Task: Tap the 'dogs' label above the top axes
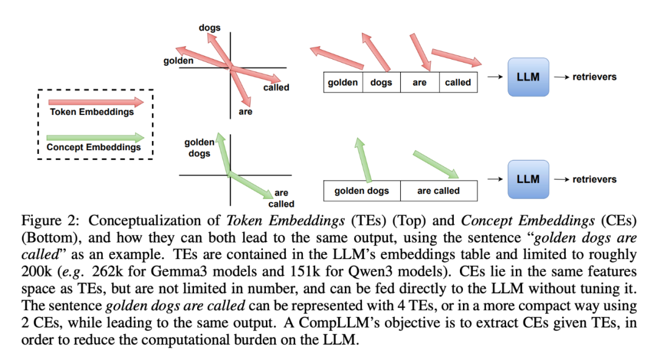coord(209,27)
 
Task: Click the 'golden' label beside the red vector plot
coord(178,61)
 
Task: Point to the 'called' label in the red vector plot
coord(276,88)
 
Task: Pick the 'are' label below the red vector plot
coord(245,112)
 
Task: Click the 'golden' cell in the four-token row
coord(342,83)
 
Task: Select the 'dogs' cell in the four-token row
coord(381,83)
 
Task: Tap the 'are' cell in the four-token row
coord(420,83)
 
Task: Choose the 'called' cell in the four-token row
coord(458,83)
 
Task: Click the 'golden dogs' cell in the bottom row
coord(361,191)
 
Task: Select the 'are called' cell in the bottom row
coord(439,191)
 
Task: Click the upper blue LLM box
coord(528,77)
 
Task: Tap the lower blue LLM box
coord(528,179)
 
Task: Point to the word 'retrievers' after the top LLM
coord(594,77)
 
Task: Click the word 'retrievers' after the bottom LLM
coord(594,179)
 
